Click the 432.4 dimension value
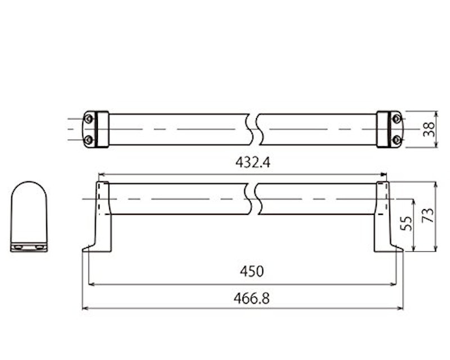253,163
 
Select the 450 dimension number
251,271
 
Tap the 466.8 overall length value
251,298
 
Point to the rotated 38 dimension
429,129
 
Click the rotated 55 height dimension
406,223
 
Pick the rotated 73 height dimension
427,215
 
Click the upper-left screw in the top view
89,118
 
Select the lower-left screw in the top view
89,140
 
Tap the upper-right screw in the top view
397,118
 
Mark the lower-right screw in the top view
397,140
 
